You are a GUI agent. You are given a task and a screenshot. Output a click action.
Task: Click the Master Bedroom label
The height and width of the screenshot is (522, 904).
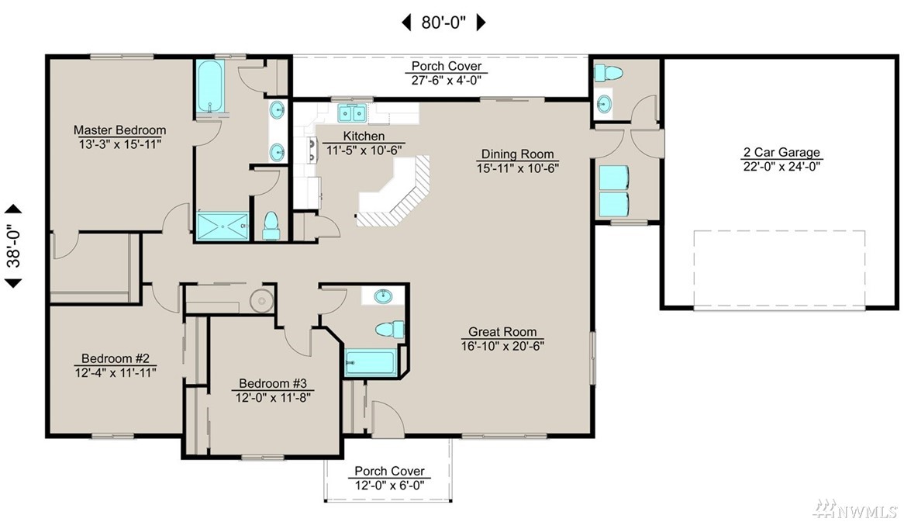[120, 130]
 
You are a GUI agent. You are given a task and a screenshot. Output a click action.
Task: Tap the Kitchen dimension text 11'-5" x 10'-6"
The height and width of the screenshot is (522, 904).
[364, 150]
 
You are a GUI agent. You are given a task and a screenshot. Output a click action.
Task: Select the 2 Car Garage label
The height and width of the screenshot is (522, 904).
[782, 152]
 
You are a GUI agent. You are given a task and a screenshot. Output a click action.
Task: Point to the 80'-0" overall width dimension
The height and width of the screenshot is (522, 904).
[443, 22]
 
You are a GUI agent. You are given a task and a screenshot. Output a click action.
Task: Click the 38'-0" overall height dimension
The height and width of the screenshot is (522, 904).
[13, 246]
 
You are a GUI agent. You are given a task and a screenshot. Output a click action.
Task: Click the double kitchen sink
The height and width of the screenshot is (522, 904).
[352, 113]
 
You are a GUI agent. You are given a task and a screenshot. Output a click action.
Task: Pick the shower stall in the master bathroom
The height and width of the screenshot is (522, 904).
[223, 226]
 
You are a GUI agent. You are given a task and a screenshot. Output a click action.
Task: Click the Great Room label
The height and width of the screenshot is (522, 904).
[502, 332]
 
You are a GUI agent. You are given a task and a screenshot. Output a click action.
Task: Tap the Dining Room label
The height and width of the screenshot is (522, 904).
[517, 154]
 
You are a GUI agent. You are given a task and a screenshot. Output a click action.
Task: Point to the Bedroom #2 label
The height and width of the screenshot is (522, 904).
[116, 359]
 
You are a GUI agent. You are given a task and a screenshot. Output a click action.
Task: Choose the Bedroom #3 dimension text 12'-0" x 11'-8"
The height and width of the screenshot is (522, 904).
[273, 397]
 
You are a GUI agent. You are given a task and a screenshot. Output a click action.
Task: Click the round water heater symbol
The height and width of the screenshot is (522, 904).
[262, 300]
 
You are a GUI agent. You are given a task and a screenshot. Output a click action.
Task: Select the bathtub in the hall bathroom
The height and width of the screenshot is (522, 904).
[371, 363]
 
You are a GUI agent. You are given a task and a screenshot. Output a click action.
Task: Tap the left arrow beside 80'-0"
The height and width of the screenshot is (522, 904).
[406, 22]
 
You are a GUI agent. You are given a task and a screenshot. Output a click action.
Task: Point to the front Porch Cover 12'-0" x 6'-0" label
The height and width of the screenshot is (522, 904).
[390, 479]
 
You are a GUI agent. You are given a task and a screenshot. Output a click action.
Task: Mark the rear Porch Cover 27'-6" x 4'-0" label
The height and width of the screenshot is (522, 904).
[447, 73]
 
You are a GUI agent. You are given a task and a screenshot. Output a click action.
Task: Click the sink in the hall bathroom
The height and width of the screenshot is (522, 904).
[383, 296]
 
